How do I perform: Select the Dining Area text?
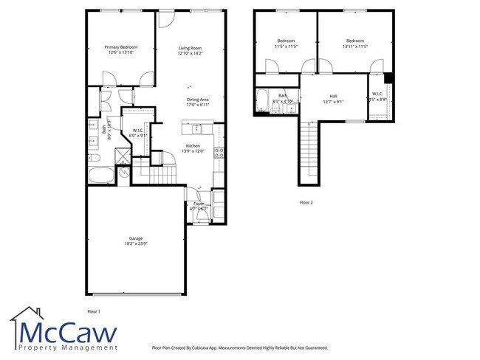pos(198,99)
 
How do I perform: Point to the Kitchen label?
pos(193,145)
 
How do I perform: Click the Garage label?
pos(135,238)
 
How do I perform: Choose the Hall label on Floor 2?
pos(333,96)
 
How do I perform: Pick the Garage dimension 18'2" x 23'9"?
pos(135,244)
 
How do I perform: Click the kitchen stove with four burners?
pos(219,153)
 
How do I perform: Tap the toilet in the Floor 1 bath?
pos(94,158)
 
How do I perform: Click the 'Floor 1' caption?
pos(94,312)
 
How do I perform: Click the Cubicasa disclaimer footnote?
pos(239,347)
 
